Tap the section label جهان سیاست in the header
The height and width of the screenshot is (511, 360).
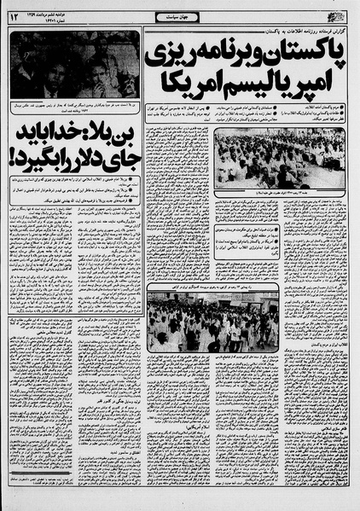(178, 16)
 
